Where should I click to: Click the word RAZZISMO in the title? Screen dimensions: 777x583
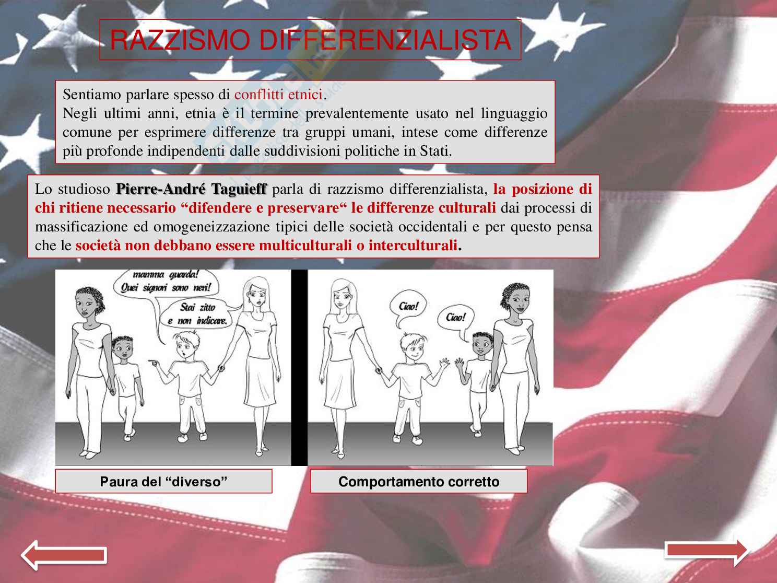180,40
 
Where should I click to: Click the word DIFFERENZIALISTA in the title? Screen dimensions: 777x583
385,40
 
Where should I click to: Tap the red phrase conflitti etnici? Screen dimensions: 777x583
279,95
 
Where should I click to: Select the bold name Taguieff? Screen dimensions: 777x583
239,189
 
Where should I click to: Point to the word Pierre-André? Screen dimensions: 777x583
161,189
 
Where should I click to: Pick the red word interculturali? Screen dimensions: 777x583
413,246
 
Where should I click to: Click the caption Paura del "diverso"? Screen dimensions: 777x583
163,482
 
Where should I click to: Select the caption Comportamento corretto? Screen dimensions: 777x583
419,482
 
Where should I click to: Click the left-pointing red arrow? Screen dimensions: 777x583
64,555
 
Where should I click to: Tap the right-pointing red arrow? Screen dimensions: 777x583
706,553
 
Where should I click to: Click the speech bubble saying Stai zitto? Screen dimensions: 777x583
196,313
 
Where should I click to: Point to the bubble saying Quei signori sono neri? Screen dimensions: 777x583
166,283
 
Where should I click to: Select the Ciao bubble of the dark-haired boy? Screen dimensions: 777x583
455,318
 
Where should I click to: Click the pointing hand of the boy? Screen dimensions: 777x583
153,363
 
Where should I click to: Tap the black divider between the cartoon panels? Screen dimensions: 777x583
299,367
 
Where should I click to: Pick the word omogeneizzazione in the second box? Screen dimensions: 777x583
211,227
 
